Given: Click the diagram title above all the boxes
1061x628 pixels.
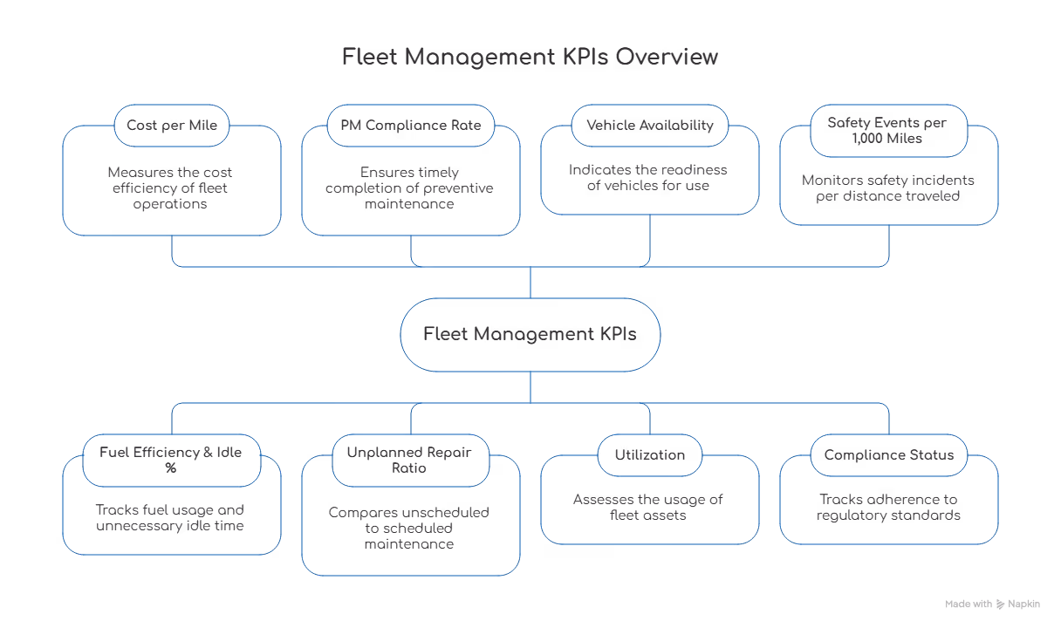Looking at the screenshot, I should [530, 58].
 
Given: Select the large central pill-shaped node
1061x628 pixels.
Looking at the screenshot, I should [530, 334].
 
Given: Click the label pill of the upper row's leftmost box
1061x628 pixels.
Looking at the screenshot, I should [172, 126].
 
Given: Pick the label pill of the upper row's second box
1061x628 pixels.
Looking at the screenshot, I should [410, 126].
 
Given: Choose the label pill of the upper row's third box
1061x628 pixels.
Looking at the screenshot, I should [650, 126].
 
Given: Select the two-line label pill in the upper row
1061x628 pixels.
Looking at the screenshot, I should [888, 131].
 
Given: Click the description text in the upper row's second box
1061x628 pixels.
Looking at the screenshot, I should [410, 186].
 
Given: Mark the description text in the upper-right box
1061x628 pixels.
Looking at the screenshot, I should [888, 188].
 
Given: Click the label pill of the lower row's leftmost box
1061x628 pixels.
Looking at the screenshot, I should [172, 460].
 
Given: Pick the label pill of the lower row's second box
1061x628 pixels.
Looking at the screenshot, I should [410, 460].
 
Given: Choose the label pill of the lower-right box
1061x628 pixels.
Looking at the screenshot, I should [888, 454].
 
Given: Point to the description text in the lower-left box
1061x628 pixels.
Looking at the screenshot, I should [172, 516].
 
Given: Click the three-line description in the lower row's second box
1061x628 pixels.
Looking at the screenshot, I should [410, 528].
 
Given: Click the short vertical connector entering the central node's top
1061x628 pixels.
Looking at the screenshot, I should [530, 283].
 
